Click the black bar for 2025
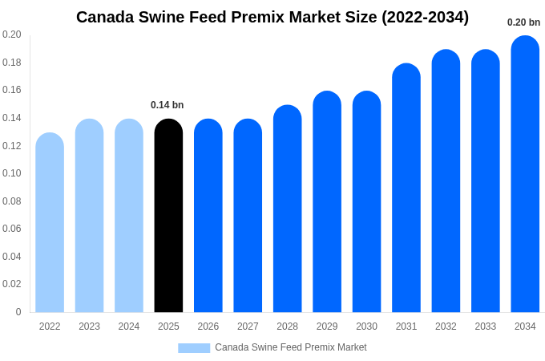coord(168,217)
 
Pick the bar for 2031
coord(406,189)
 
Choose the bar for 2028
coord(287,209)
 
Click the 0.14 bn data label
coord(167,105)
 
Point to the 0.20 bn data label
coord(523,22)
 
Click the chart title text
coord(272,17)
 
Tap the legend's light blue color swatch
coord(193,348)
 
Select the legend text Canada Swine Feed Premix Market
coord(290,347)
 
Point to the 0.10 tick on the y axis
coord(12,173)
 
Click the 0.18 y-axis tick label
coord(12,63)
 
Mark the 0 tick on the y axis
coord(18,312)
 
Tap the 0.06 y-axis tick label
coord(12,229)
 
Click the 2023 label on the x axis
coord(89,327)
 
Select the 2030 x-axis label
coord(366,327)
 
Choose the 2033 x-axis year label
coord(485,327)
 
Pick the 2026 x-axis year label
coord(208,327)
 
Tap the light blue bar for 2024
coord(129,217)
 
